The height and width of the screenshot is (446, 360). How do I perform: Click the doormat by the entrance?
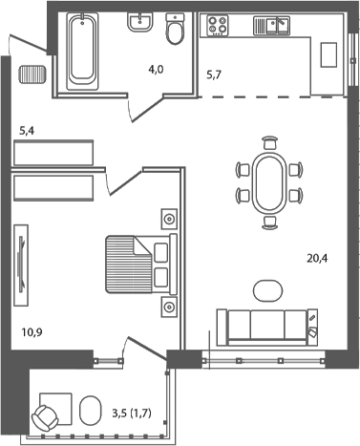coord(32,74)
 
